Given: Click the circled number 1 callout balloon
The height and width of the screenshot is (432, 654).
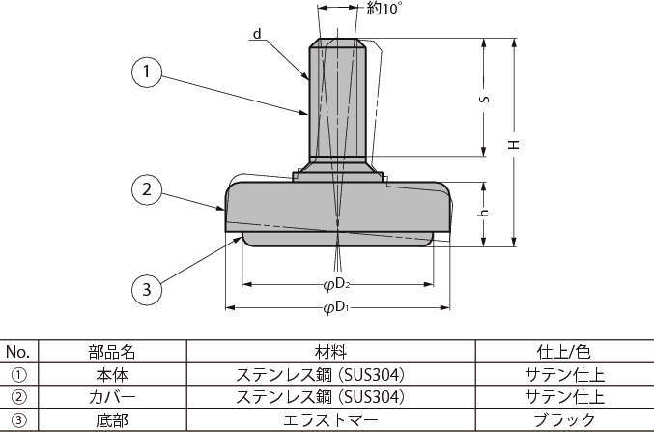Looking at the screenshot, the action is click(x=147, y=72).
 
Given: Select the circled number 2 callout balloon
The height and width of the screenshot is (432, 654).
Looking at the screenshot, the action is click(x=147, y=189).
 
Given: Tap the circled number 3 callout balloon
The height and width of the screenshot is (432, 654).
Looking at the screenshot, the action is click(x=147, y=289).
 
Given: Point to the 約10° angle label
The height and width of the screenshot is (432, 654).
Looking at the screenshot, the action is click(x=384, y=9).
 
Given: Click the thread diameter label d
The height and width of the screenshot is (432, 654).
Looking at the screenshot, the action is click(x=257, y=34).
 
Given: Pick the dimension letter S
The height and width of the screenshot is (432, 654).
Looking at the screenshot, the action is click(x=484, y=100).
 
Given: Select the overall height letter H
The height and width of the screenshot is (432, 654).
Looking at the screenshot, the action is click(x=514, y=145).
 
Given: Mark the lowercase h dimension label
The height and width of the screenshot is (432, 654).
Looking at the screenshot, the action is click(x=483, y=213).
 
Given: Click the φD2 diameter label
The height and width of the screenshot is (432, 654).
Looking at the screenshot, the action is click(x=336, y=285).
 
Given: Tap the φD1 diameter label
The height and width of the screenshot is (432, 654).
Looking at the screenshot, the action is click(x=336, y=308).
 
